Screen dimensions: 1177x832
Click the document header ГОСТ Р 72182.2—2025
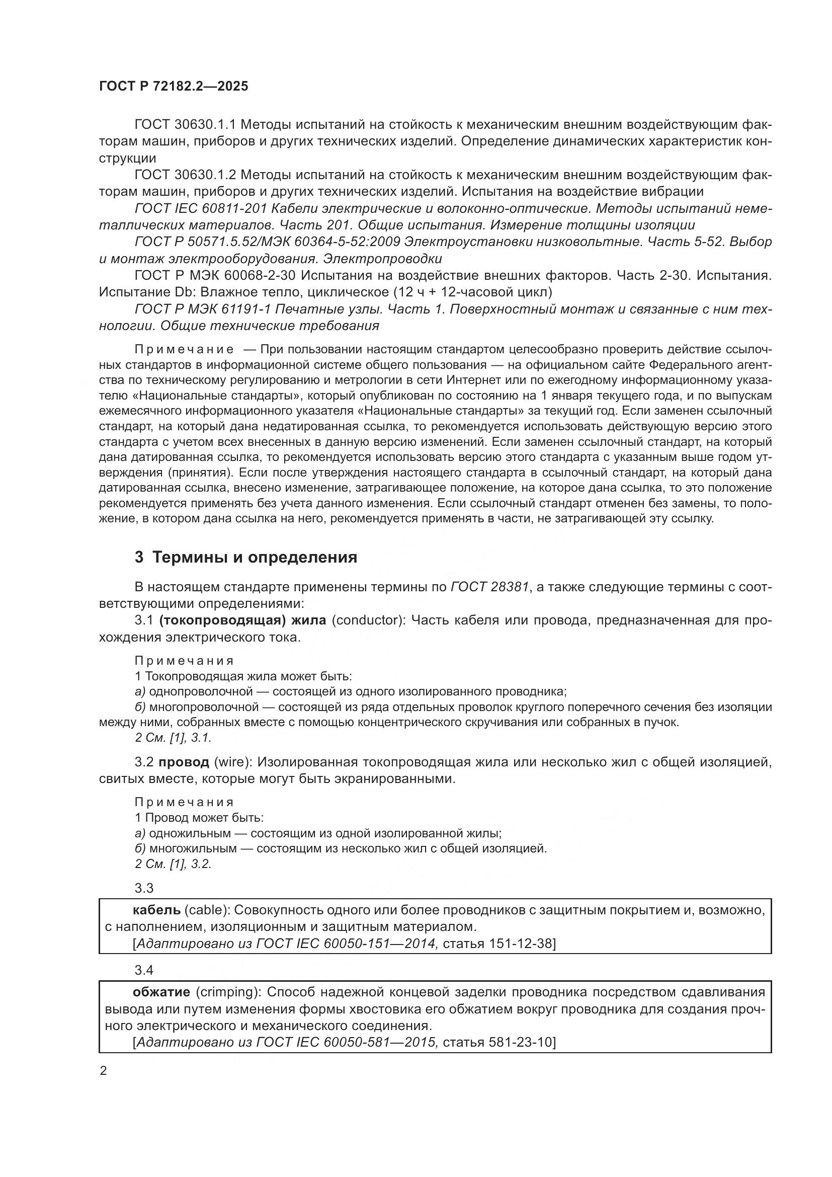coord(173,86)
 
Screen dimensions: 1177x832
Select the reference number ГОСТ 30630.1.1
coord(185,124)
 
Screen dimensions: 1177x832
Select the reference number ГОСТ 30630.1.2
coord(185,175)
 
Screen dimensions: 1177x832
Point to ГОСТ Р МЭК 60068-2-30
coord(215,275)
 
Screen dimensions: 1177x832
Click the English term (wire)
coord(232,762)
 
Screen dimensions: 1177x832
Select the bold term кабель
coord(156,910)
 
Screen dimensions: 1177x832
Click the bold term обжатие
coord(161,992)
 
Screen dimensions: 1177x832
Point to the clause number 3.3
coord(144,888)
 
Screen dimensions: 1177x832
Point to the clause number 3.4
coord(144,970)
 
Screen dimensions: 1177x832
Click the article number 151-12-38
coord(520,943)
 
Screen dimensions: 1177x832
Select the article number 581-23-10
coord(520,1042)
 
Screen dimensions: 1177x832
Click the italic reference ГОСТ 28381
coord(489,587)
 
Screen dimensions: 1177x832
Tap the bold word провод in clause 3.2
coord(184,762)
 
